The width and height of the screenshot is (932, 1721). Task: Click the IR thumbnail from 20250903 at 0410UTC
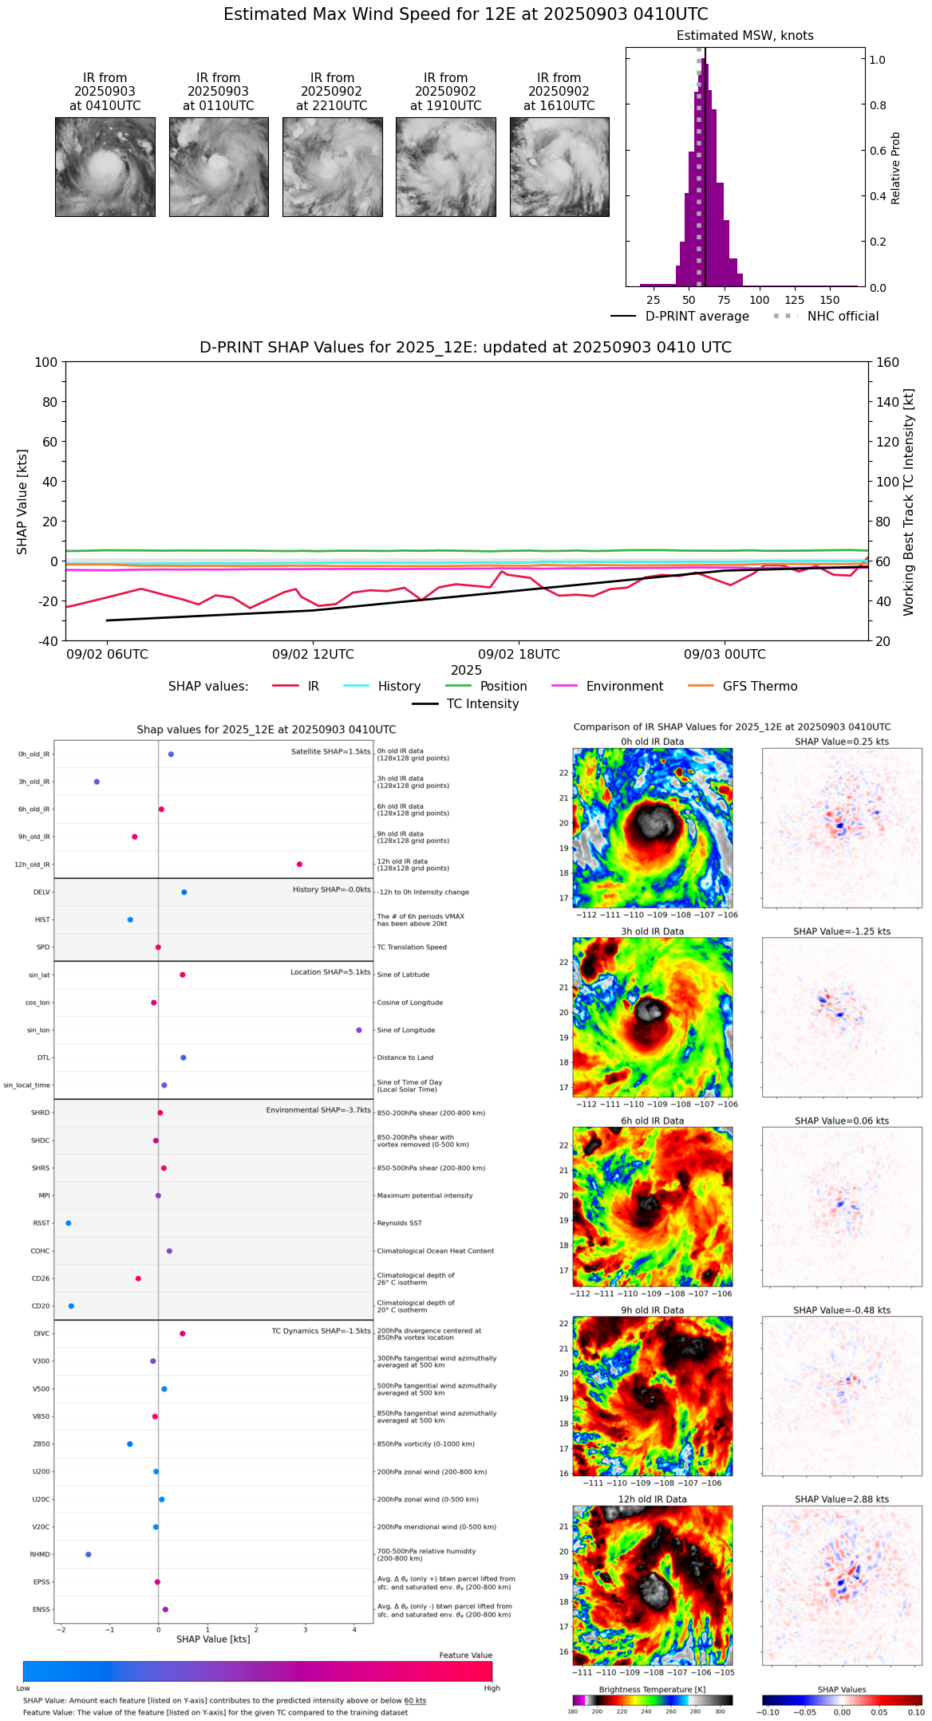tap(105, 167)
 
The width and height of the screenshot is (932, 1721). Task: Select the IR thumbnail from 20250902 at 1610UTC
tap(559, 167)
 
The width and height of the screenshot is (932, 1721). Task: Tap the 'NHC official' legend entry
tap(843, 317)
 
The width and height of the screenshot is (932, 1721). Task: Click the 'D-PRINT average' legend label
tap(697, 317)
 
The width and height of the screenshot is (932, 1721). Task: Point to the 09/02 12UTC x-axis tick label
tap(313, 655)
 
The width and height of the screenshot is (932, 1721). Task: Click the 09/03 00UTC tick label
tap(725, 655)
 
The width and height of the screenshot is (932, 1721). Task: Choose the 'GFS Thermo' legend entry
tap(760, 687)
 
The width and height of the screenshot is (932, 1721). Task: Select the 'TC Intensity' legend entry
tap(482, 704)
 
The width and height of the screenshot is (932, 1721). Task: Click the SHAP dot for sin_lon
tap(359, 1030)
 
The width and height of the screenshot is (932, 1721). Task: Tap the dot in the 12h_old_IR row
tap(299, 864)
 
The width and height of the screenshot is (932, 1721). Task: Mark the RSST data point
tap(69, 1223)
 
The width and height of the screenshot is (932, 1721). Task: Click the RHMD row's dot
tap(89, 1554)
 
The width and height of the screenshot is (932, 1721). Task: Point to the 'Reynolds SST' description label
tap(399, 1223)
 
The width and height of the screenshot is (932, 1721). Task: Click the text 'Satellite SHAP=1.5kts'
tap(330, 752)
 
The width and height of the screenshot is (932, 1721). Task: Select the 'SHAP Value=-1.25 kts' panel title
tap(842, 931)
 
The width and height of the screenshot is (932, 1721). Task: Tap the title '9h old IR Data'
tap(652, 1310)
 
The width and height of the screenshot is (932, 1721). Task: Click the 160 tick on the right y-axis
tap(887, 363)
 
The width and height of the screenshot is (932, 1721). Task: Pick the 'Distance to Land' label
tap(405, 1058)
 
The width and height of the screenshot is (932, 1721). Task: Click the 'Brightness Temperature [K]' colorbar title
tap(651, 1690)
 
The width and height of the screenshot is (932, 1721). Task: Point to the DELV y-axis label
tap(41, 892)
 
